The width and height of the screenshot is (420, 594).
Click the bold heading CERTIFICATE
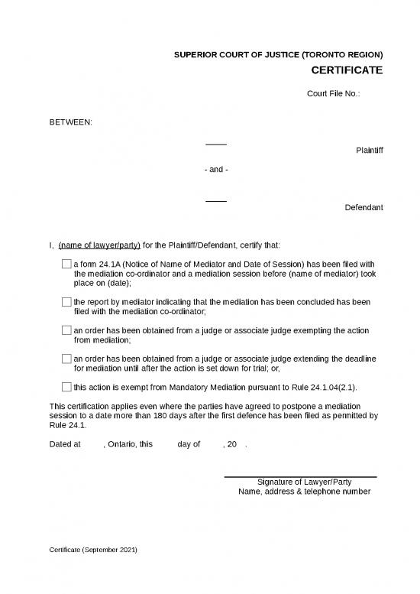pyautogui.click(x=347, y=70)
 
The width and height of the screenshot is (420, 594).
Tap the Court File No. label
pyautogui.click(x=333, y=93)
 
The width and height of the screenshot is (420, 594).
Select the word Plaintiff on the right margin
pyautogui.click(x=370, y=150)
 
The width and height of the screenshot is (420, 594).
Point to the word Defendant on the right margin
pyautogui.click(x=363, y=207)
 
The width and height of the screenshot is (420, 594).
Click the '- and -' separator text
pyautogui.click(x=217, y=169)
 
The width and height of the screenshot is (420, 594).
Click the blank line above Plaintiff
pyautogui.click(x=216, y=144)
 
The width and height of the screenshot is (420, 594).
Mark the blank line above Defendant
pyautogui.click(x=216, y=201)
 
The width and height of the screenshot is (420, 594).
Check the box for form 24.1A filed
pyautogui.click(x=66, y=264)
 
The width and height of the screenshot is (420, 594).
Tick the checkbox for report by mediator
pyautogui.click(x=66, y=302)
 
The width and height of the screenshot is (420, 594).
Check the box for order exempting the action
pyautogui.click(x=66, y=330)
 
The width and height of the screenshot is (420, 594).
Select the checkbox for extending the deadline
pyautogui.click(x=66, y=359)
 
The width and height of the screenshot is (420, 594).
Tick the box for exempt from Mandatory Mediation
pyautogui.click(x=66, y=387)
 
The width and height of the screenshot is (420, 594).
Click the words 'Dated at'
pyautogui.click(x=65, y=444)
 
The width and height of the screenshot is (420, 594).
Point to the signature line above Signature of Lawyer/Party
pyautogui.click(x=299, y=476)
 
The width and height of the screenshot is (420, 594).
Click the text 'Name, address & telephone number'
pyautogui.click(x=304, y=492)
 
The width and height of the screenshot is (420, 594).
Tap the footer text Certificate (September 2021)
pyautogui.click(x=93, y=549)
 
